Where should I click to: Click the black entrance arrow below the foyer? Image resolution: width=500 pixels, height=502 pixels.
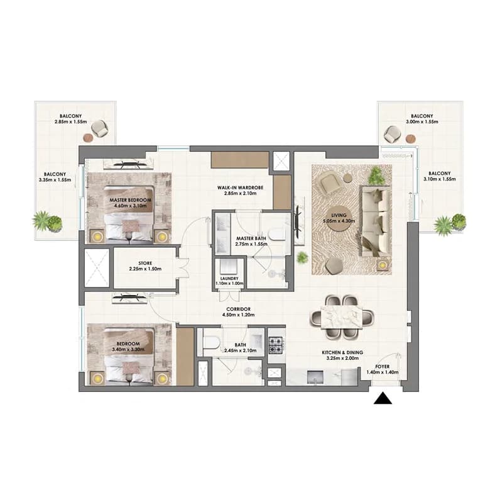[x=383, y=399]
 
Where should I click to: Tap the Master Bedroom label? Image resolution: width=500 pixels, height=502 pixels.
[x=130, y=203]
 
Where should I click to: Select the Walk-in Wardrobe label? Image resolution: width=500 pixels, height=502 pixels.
[x=240, y=190]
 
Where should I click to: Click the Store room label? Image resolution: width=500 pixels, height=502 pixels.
[x=145, y=265]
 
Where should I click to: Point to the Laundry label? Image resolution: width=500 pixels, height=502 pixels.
[x=229, y=281]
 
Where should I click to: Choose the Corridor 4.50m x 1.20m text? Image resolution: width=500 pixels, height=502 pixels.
[x=239, y=312]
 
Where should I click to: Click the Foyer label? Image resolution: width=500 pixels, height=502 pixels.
[x=383, y=369]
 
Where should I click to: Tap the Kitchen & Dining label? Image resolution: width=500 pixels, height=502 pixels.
[x=342, y=355]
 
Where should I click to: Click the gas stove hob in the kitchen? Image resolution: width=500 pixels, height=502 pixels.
[x=276, y=345]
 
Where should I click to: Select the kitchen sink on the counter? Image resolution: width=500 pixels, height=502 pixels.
[x=315, y=377]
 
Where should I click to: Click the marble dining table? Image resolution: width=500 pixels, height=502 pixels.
[x=342, y=317]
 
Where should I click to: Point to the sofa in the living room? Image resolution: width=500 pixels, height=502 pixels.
[x=376, y=221]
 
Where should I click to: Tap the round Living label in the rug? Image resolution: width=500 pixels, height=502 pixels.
[x=339, y=218]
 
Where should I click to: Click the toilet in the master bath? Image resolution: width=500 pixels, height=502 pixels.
[x=276, y=234]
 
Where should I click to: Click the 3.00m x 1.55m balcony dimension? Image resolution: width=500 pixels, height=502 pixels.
[x=422, y=121]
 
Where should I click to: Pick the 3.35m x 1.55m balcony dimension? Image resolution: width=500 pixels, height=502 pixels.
[x=55, y=180]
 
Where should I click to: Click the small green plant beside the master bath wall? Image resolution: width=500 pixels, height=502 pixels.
[x=302, y=258]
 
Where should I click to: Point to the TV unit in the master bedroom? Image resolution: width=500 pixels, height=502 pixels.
[x=129, y=164]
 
